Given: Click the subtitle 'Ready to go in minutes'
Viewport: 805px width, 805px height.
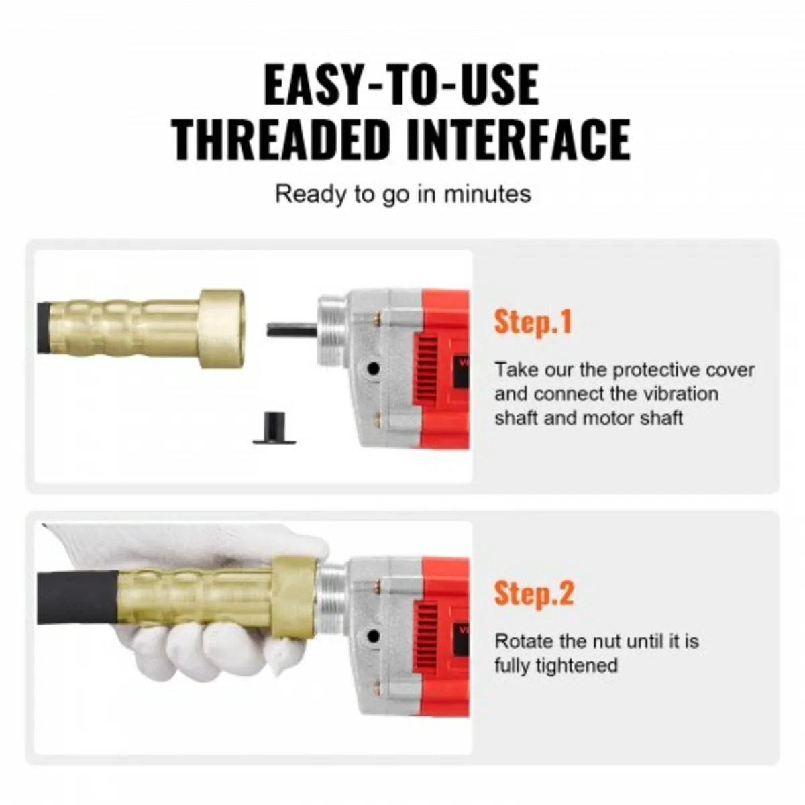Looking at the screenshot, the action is (403, 195).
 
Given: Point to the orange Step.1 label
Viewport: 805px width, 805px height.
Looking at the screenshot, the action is (533, 322).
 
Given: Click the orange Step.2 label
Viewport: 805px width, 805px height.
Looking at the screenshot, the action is (534, 594).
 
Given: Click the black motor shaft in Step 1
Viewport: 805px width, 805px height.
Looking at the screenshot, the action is (292, 331).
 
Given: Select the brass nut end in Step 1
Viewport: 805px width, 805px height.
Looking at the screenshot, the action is (221, 329).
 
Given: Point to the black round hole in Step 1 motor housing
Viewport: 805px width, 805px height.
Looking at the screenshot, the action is (373, 368).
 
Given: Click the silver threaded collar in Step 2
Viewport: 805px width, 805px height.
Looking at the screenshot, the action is (333, 600).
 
